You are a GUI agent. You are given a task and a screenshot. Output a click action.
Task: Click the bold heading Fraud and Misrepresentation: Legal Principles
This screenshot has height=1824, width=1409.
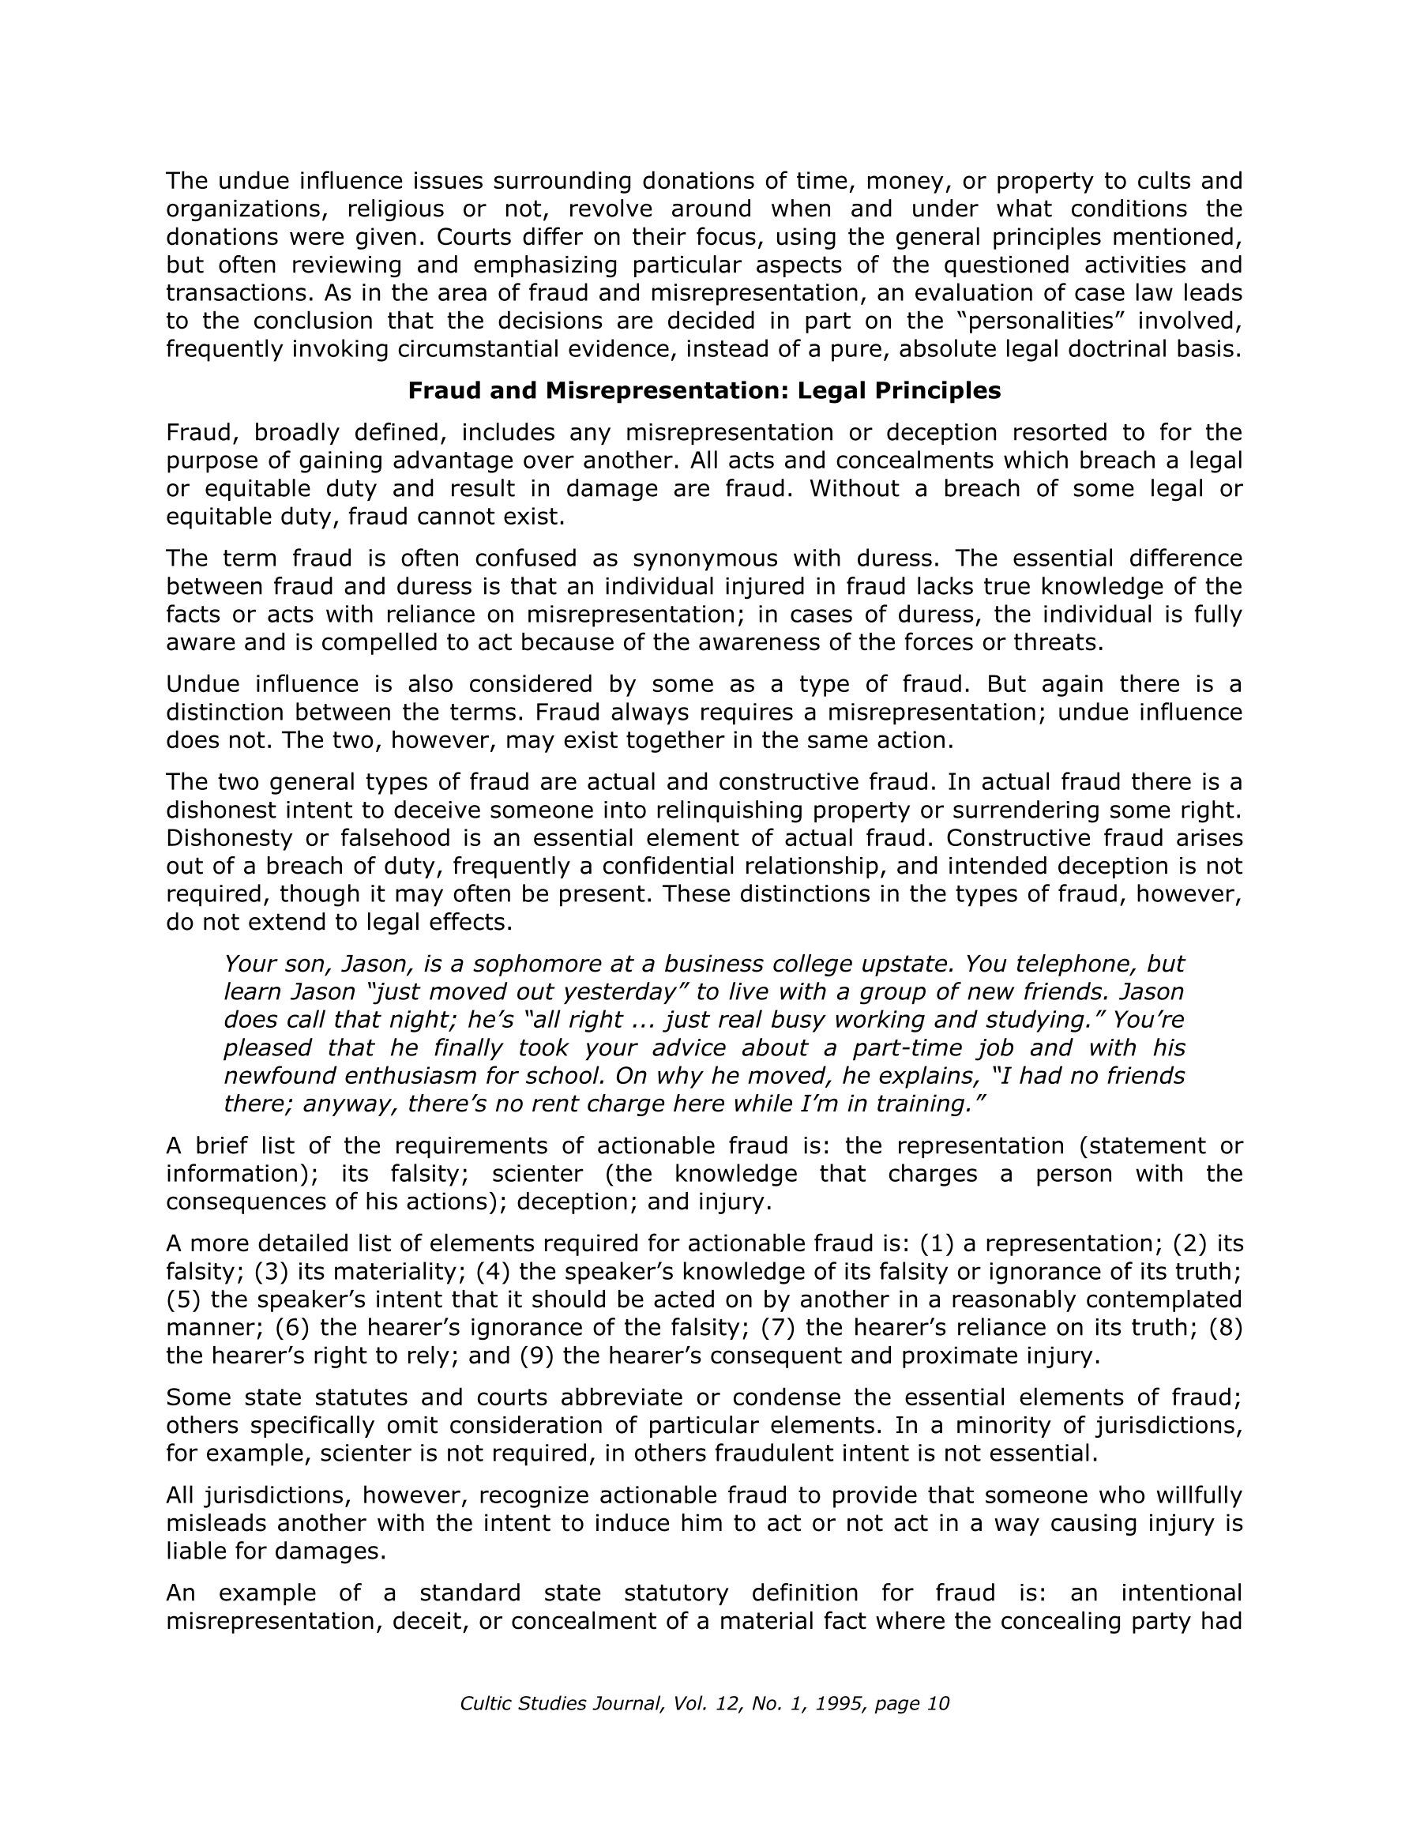[703, 391]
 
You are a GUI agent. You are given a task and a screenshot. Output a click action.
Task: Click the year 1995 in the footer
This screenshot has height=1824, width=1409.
[840, 1704]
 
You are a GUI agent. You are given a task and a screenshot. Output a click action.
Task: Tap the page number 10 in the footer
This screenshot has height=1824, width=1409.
[938, 1704]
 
